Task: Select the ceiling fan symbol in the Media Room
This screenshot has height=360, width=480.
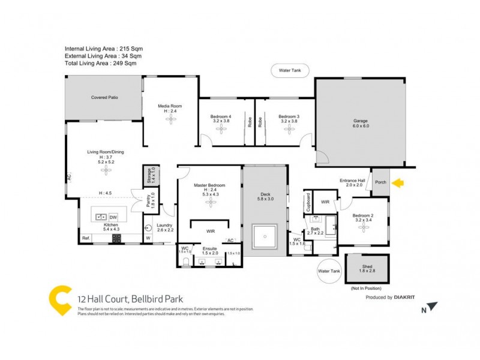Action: pos(170,119)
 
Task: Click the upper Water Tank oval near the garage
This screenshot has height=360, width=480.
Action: pos(290,70)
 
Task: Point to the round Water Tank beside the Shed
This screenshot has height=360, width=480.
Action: pos(329,271)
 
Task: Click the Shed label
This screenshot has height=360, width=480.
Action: pos(368,268)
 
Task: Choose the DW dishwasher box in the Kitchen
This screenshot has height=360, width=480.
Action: pos(113,217)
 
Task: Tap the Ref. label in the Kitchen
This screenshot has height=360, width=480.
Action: pos(86,239)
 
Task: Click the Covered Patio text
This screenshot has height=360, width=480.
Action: pos(104,97)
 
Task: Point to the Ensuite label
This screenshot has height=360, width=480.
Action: pos(210,248)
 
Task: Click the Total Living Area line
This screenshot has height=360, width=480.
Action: pos(100,63)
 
